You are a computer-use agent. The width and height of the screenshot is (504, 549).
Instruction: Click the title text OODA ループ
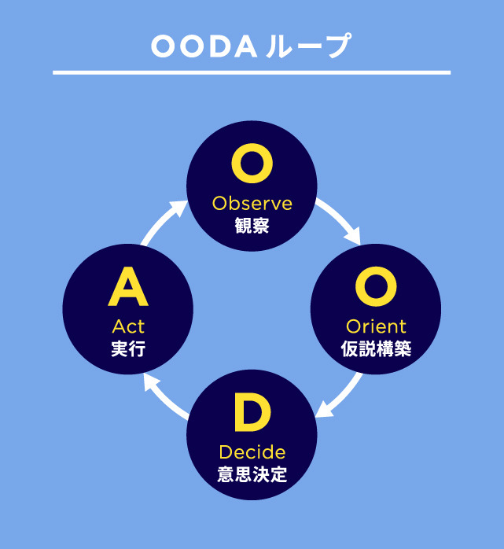[x=251, y=46]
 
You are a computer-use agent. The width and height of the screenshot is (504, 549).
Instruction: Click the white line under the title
[x=252, y=73]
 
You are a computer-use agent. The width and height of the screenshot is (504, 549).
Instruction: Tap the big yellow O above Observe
[x=252, y=163]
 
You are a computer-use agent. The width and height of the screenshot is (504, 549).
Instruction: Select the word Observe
[x=252, y=204]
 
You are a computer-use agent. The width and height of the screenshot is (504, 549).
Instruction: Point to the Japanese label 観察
[x=252, y=226]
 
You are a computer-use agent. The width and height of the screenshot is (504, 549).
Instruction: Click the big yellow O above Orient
[x=376, y=286]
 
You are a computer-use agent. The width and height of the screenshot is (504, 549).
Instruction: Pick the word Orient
[x=376, y=326]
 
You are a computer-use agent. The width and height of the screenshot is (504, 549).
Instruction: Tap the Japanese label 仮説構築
[x=376, y=348]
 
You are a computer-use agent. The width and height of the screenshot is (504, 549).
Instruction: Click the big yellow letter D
[x=252, y=412]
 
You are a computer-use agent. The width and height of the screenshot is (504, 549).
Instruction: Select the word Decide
[x=252, y=452]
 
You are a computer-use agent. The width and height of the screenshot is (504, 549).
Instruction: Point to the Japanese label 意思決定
[x=252, y=474]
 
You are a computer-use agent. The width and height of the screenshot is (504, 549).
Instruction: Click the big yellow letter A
[x=128, y=286]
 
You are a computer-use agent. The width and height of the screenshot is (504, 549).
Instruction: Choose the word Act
[x=128, y=326]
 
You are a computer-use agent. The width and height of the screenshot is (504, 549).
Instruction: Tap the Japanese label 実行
[x=128, y=349]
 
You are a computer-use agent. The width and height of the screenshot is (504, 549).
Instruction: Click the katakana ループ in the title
[x=308, y=46]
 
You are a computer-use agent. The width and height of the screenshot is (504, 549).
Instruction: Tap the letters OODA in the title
[x=204, y=47]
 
